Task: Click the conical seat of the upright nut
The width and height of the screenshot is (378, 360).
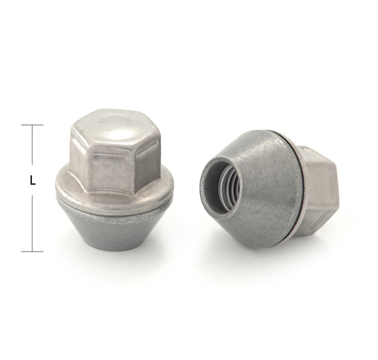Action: (117, 227)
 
